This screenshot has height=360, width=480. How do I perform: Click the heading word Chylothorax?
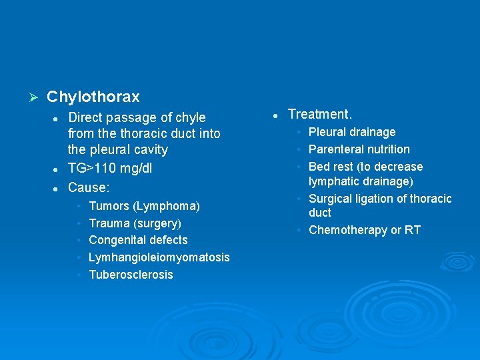[x=93, y=97]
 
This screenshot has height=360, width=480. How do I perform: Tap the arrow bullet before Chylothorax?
[x=28, y=97]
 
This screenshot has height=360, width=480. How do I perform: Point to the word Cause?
[x=89, y=188]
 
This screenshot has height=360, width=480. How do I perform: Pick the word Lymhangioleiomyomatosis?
[x=159, y=257]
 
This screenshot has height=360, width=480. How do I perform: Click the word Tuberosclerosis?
[x=131, y=275]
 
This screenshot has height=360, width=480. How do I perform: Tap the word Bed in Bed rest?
[x=319, y=167]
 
